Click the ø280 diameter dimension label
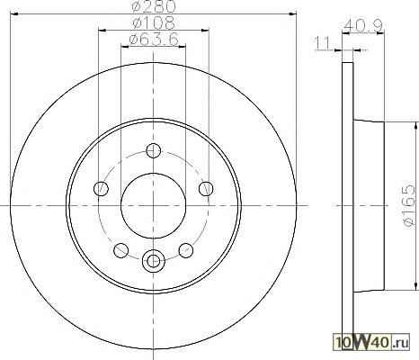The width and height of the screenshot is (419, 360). tap(154, 6)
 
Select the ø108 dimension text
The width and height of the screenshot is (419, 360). tap(154, 22)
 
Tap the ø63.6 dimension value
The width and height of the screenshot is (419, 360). tap(154, 40)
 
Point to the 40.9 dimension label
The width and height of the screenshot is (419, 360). tap(363, 26)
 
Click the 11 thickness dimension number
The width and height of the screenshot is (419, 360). tap(323, 43)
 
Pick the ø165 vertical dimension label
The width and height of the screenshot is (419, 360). tap(409, 205)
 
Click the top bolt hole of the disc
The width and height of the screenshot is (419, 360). tap(154, 150)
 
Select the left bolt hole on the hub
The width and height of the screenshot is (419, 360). tap(101, 188)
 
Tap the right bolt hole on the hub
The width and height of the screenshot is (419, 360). tap(206, 189)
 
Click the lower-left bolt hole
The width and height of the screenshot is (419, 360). tap(121, 250)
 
